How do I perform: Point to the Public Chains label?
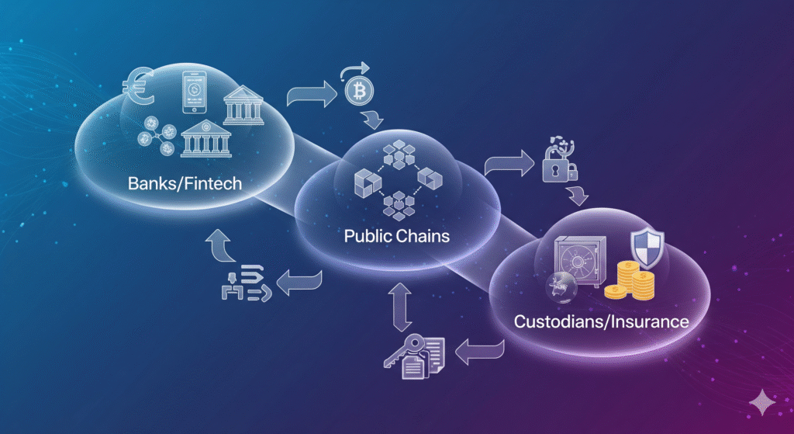tap(397, 234)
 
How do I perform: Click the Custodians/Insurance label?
tap(601, 320)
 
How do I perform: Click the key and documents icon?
tap(413, 352)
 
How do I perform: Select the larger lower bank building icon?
tap(207, 141)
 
